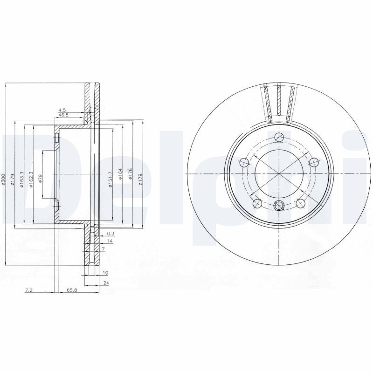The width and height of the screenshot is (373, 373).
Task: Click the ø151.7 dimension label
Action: coord(111,179)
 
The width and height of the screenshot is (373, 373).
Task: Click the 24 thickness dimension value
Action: coord(106,283)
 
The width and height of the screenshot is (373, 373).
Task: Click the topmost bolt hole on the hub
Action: coord(279,137)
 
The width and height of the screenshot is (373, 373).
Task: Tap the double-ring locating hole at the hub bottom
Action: coord(279,206)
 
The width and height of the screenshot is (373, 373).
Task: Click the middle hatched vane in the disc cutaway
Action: coord(279,100)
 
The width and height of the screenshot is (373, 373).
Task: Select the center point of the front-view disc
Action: coord(279,173)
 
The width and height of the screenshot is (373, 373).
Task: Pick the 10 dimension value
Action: coord(105,272)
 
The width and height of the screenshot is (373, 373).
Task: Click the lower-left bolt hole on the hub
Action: coord(256,203)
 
